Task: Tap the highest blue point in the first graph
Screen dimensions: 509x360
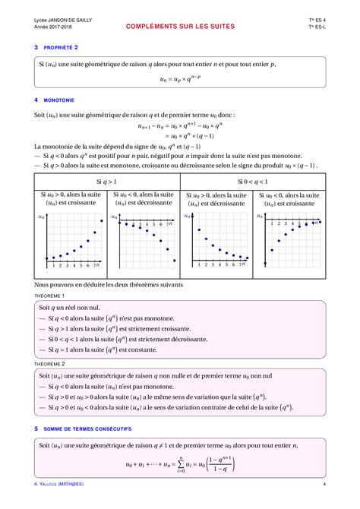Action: click(x=102, y=221)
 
